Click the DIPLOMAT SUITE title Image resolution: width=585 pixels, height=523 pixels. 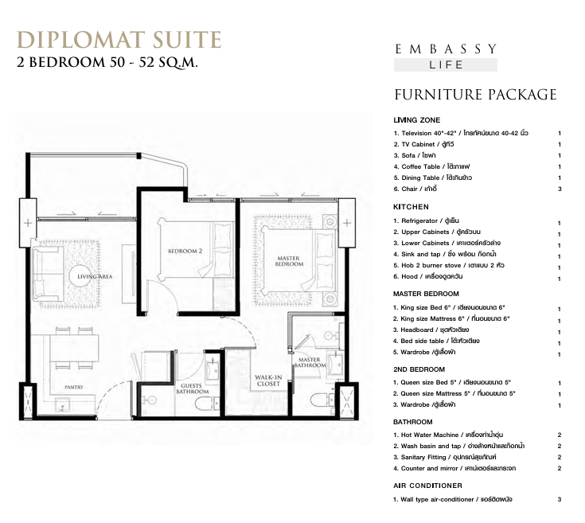[119, 40]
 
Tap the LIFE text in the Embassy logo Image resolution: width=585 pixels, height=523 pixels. [446, 65]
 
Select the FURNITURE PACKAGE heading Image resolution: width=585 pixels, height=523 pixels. [475, 95]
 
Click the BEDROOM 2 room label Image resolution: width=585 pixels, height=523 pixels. [185, 251]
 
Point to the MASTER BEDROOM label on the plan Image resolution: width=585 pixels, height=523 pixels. [289, 261]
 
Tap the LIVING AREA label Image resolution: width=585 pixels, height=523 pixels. [95, 276]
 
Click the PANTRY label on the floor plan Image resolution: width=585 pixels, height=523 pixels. [74, 387]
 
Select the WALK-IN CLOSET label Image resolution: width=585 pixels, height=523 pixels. [268, 381]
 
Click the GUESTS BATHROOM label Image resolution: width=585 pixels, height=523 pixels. [192, 388]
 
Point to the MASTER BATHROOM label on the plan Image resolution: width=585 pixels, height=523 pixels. [310, 362]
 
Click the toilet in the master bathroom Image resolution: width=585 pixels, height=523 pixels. [322, 400]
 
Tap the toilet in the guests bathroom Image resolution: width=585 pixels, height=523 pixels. [207, 403]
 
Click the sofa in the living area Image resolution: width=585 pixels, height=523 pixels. [48, 274]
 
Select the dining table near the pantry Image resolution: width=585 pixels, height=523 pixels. [74, 349]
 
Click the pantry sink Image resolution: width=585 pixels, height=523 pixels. [62, 404]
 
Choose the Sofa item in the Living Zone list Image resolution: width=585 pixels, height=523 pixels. [415, 155]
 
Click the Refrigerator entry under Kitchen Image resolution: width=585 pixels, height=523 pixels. [426, 221]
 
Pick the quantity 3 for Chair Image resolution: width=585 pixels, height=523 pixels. [560, 189]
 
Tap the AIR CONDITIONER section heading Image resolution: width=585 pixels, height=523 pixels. [427, 486]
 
